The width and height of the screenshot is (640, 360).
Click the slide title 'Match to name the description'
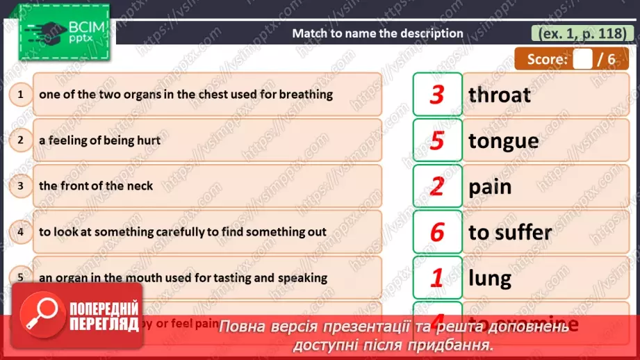coord(377,33)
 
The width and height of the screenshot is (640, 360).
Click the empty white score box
coord(582,59)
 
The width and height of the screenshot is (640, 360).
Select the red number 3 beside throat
coord(437,95)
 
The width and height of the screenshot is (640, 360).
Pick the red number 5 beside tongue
coord(437,140)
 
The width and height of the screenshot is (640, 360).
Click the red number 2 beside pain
coord(437,186)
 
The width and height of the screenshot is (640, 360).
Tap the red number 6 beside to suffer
coord(437,232)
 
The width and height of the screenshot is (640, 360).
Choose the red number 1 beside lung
coord(437,278)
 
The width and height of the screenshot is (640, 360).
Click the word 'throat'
coord(500,95)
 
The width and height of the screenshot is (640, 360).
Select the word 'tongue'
coord(504,141)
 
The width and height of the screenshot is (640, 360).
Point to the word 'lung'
coord(490,278)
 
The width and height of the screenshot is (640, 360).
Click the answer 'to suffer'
coord(510,232)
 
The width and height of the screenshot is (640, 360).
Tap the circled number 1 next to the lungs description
coord(21,94)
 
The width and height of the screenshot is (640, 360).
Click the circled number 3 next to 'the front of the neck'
coord(21,186)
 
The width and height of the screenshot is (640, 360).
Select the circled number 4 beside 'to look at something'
coord(21,231)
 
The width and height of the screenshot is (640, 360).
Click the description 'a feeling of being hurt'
coord(99,140)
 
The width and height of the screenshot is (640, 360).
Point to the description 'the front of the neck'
coord(96,186)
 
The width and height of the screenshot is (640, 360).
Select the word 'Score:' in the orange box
coord(547,59)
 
